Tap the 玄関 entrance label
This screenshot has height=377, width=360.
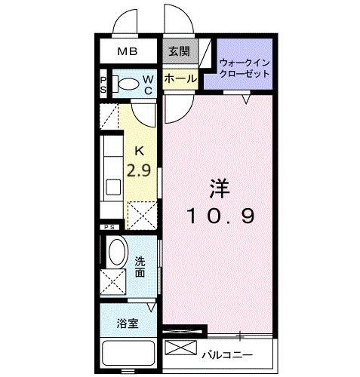pyautogui.click(x=179, y=51)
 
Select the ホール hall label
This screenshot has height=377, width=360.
pyautogui.click(x=180, y=78)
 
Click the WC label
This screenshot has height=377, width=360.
pyautogui.click(x=149, y=84)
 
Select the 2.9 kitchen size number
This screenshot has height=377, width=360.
pyautogui.click(x=140, y=170)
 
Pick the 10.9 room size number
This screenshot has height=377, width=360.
pyautogui.click(x=220, y=217)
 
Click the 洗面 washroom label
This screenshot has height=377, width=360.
pyautogui.click(x=140, y=267)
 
